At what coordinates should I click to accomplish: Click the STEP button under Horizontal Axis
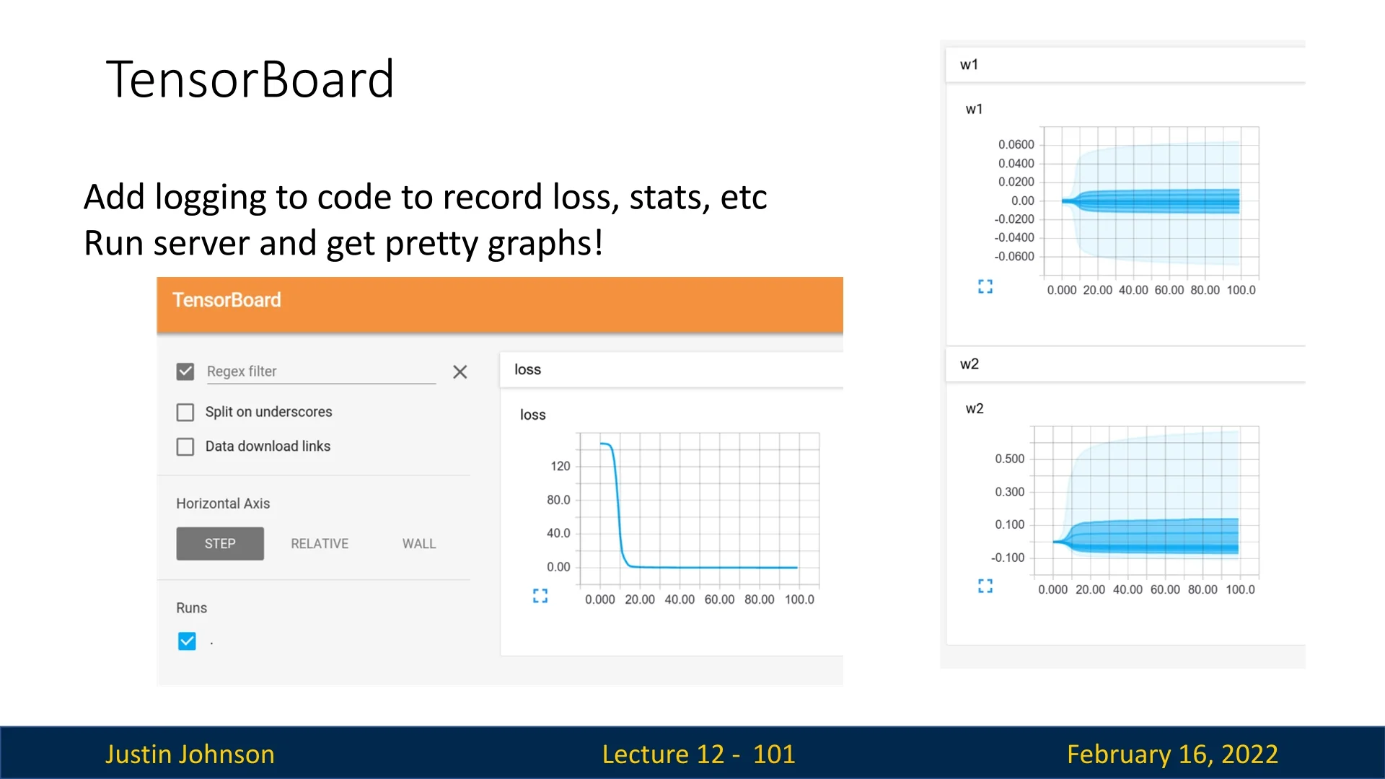pyautogui.click(x=220, y=544)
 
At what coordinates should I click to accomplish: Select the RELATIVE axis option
pyautogui.click(x=320, y=544)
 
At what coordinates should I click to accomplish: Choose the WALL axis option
pyautogui.click(x=419, y=544)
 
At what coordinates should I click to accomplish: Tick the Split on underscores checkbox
pyautogui.click(x=185, y=412)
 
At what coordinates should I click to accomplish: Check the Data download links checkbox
pyautogui.click(x=185, y=446)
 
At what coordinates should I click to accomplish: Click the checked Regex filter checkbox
pyautogui.click(x=185, y=371)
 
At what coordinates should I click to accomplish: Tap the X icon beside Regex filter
pyautogui.click(x=460, y=372)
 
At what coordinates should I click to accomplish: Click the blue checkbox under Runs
pyautogui.click(x=187, y=641)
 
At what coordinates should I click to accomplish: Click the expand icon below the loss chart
pyautogui.click(x=540, y=596)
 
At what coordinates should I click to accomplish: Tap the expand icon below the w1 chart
pyautogui.click(x=985, y=287)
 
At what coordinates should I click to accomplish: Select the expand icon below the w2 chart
pyautogui.click(x=985, y=586)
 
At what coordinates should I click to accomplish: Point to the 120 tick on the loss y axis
pyautogui.click(x=560, y=466)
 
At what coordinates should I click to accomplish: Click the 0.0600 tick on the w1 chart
pyautogui.click(x=1016, y=144)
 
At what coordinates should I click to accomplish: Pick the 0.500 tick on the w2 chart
pyautogui.click(x=1010, y=459)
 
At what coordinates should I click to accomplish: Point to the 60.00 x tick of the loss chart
pyautogui.click(x=720, y=599)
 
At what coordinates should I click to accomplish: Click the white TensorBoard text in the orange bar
pyautogui.click(x=227, y=300)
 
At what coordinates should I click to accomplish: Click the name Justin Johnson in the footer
pyautogui.click(x=190, y=754)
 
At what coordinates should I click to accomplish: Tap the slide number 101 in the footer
pyautogui.click(x=774, y=754)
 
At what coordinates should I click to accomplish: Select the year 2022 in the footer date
pyautogui.click(x=1250, y=754)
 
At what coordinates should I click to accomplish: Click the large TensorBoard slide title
pyautogui.click(x=250, y=79)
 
